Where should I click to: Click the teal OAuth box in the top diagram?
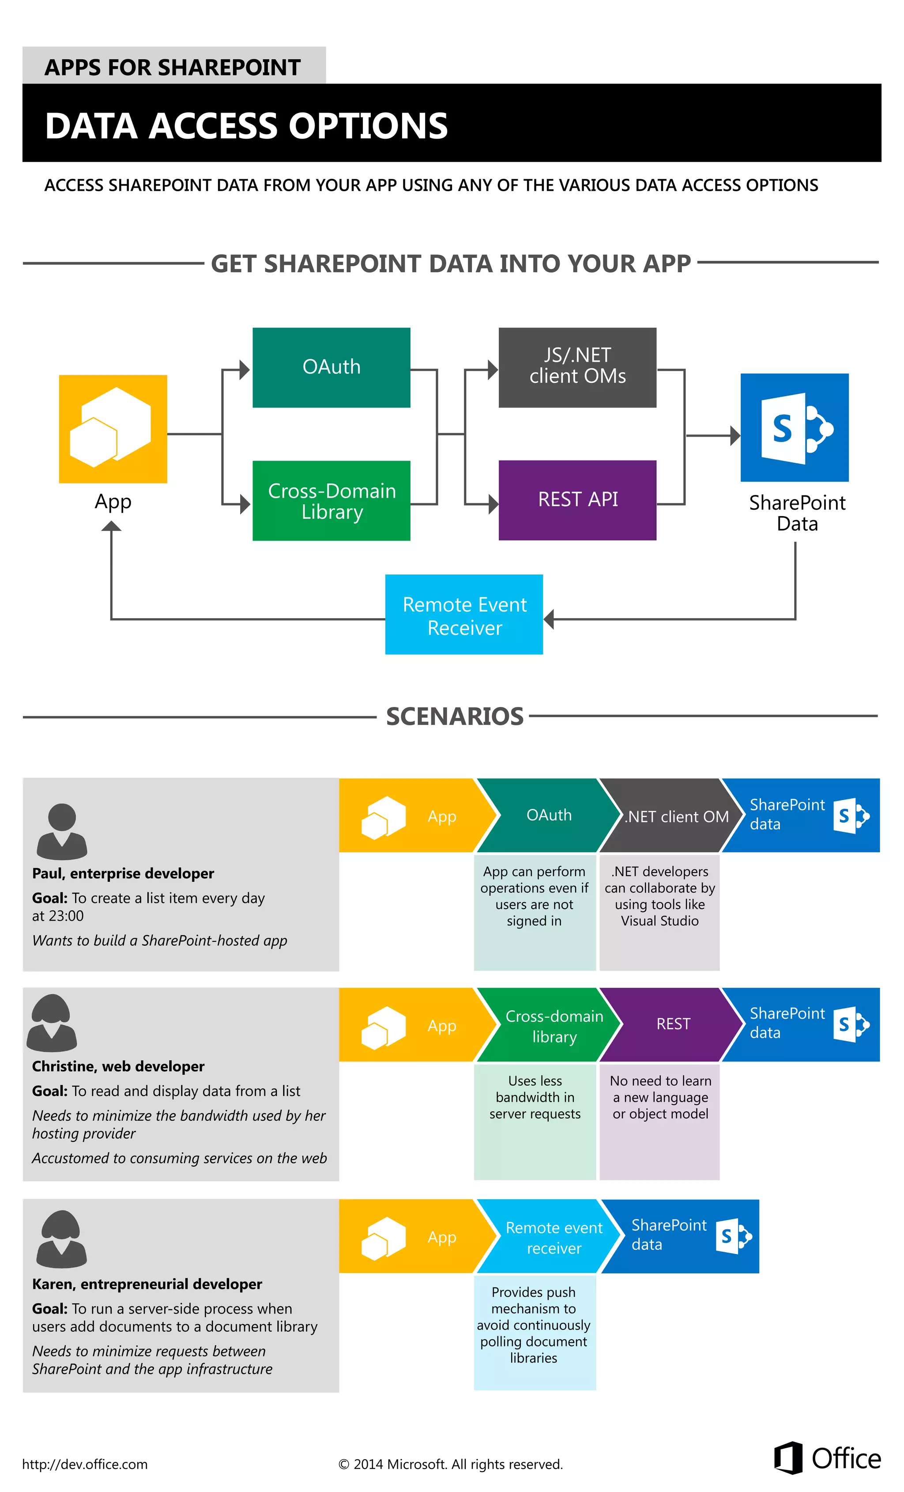331,367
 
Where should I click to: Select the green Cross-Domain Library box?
331,501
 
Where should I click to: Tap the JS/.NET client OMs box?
577,367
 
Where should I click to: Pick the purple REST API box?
577,500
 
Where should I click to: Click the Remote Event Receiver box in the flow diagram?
464,615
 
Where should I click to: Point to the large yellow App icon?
113,429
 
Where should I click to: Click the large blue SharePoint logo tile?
795,427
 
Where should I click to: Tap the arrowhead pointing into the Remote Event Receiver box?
549,619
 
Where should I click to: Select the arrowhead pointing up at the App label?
111,527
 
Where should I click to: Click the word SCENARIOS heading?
454,716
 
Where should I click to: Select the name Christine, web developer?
118,1066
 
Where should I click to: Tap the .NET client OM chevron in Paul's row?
672,816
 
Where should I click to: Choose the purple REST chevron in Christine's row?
672,1024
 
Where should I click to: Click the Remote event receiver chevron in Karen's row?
552,1237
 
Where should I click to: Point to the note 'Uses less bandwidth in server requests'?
535,1097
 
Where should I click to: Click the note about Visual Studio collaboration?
659,896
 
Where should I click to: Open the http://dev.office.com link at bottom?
85,1464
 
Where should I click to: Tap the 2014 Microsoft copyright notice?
451,1464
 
